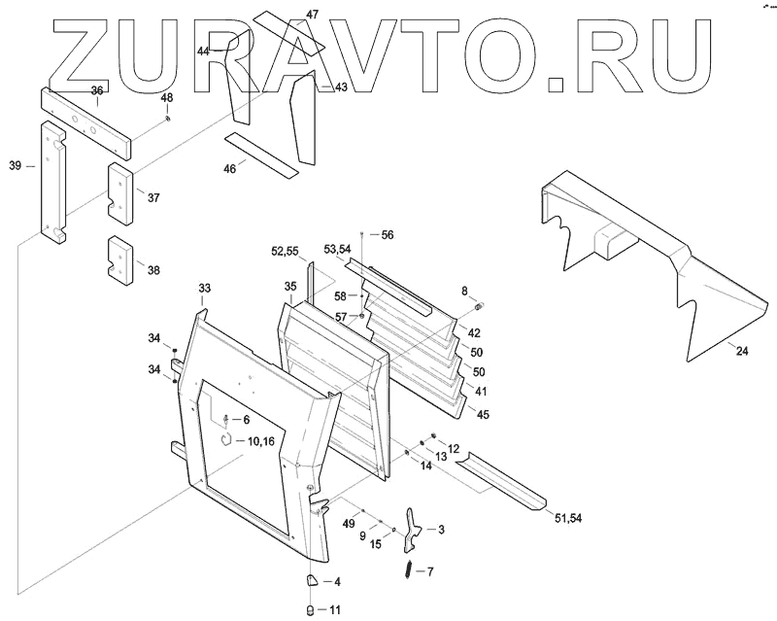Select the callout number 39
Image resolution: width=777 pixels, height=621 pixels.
click(15, 167)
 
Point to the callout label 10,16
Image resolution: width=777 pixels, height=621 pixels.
click(259, 442)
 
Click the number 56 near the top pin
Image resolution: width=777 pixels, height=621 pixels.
click(387, 235)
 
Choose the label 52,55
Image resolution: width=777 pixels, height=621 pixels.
click(285, 252)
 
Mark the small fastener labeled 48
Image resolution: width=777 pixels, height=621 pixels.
click(168, 118)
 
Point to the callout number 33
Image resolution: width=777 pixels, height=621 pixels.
click(204, 289)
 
